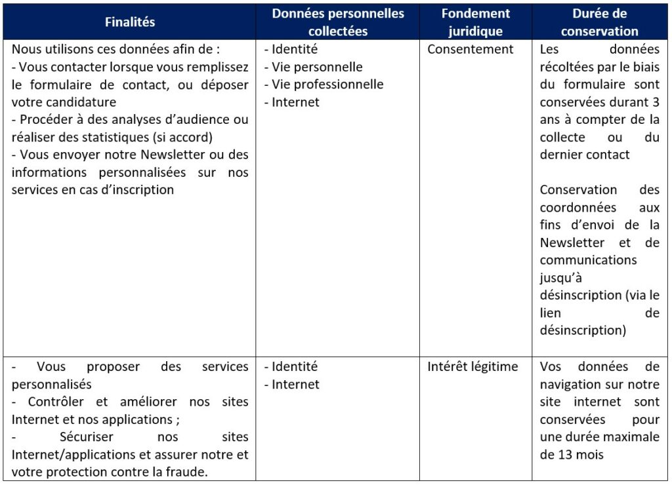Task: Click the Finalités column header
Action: (x=130, y=22)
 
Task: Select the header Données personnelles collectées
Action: (x=338, y=22)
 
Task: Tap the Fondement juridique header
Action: (x=475, y=22)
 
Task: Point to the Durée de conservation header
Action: (x=599, y=22)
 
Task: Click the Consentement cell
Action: (x=470, y=49)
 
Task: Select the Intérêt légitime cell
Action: (x=472, y=367)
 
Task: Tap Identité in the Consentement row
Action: (x=295, y=49)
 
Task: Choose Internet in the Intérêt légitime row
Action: (x=295, y=385)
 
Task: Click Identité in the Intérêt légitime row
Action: (x=295, y=367)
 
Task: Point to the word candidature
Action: (x=79, y=102)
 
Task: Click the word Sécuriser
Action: (x=87, y=437)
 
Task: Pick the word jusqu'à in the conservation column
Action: (x=561, y=277)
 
